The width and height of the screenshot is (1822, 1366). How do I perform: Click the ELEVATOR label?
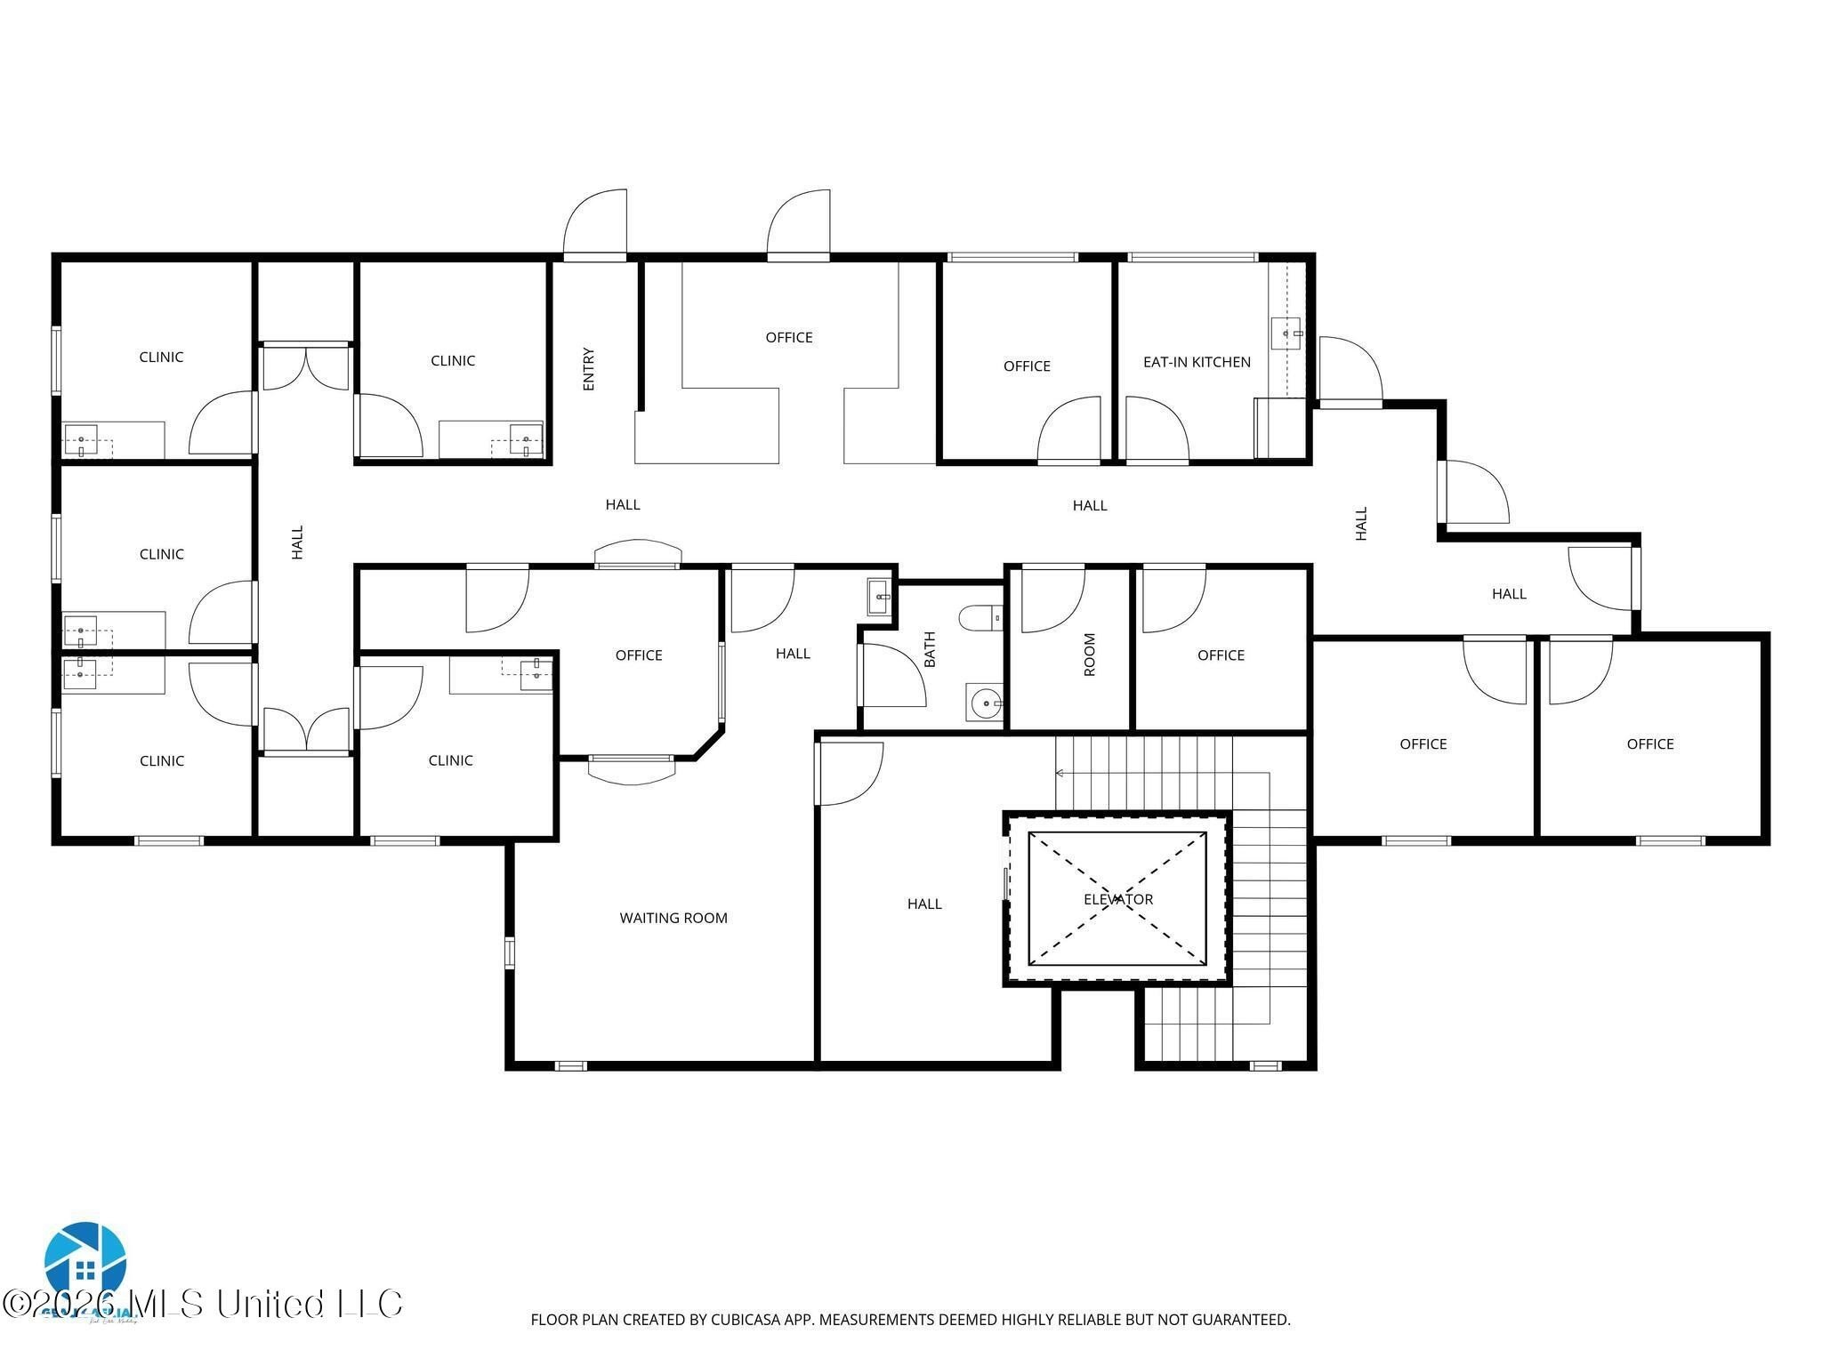point(1117,899)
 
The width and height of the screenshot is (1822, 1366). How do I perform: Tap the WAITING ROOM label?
point(673,918)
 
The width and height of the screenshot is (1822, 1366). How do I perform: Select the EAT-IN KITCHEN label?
point(1197,362)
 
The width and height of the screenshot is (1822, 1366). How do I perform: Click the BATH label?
point(930,649)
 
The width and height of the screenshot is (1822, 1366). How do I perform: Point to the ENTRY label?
point(588,369)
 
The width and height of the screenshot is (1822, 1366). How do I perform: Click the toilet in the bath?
point(980,616)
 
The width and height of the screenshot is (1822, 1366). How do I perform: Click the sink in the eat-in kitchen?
point(1286,333)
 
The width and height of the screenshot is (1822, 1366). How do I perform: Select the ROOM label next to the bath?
point(1090,655)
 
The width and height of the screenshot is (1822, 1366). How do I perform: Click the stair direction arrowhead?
point(1060,773)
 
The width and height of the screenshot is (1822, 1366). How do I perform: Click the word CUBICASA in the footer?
point(746,1320)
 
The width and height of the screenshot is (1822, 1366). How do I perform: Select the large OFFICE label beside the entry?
point(789,337)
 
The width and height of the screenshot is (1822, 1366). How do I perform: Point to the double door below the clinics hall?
point(305,731)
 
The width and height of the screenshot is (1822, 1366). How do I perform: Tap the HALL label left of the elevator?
point(924,904)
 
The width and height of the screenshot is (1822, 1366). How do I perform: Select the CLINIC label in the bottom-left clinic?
point(162,760)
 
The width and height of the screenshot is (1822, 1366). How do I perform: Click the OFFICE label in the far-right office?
point(1650,743)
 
